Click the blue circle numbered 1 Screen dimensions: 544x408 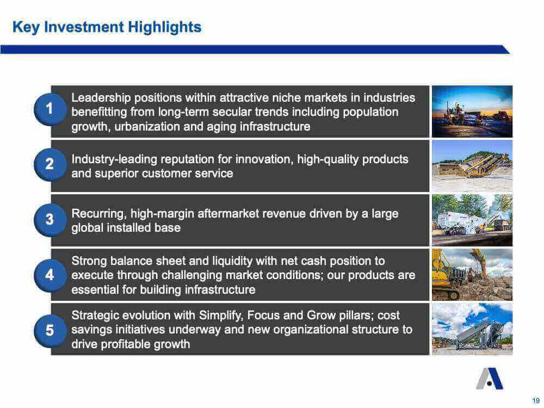click(50, 109)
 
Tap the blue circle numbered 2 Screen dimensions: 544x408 click(50, 164)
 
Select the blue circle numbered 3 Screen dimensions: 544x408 click(50, 220)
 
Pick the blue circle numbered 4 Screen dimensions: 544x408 click(50, 275)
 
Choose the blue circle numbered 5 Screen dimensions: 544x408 click(50, 330)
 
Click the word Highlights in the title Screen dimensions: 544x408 click(164, 27)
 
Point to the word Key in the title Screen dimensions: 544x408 click(26, 27)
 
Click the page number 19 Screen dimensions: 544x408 click(536, 400)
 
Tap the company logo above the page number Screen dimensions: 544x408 click(489, 379)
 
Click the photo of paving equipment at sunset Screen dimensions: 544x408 click(472, 112)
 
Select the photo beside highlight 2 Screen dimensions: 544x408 click(472, 166)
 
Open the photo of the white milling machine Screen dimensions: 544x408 click(472, 220)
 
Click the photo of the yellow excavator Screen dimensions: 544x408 click(472, 275)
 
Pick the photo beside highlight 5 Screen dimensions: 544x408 click(472, 329)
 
